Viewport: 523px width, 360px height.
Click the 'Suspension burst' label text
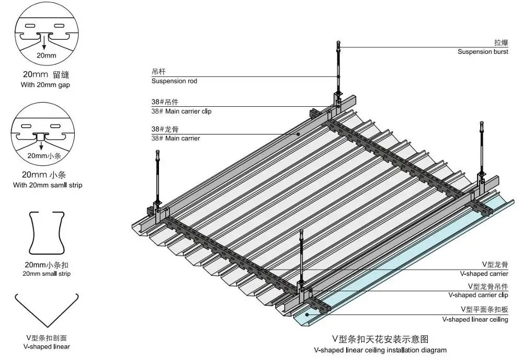[x=482, y=52]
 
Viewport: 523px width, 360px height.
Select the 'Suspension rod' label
[x=174, y=81]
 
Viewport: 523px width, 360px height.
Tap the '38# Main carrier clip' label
[x=181, y=111]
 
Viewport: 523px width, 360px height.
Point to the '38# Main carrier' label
[x=175, y=138]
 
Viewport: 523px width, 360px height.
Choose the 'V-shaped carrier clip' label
[x=478, y=295]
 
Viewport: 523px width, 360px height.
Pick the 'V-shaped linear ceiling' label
[x=475, y=319]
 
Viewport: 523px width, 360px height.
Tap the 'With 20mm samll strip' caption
[x=48, y=185]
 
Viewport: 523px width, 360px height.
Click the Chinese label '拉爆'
[x=501, y=43]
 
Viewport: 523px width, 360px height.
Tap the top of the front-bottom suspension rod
[x=301, y=231]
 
